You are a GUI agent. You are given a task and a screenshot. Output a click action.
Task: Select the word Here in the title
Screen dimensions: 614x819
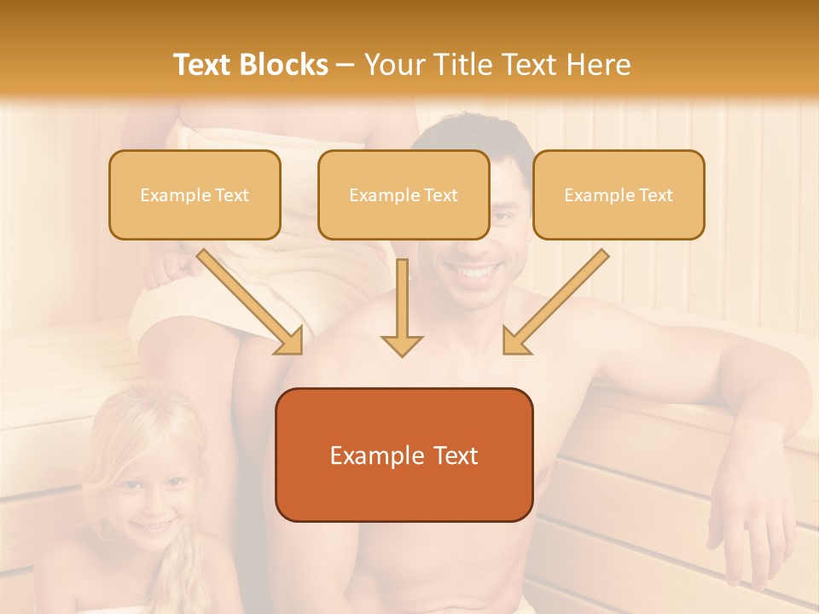click(598, 64)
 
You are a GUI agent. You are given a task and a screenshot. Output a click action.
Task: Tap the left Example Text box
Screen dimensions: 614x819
click(195, 194)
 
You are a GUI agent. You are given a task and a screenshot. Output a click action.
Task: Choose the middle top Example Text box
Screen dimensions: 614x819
click(404, 194)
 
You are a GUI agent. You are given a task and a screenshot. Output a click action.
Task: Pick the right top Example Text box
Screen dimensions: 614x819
click(619, 194)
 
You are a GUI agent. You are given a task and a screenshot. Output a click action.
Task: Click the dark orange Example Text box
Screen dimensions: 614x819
click(404, 455)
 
